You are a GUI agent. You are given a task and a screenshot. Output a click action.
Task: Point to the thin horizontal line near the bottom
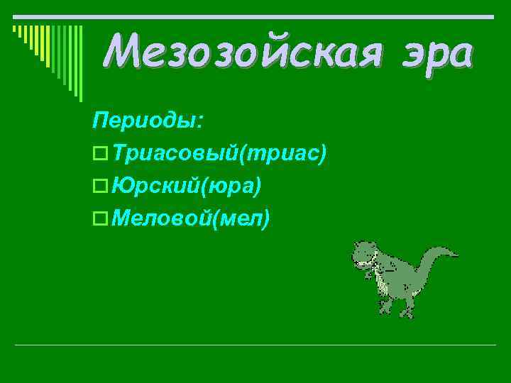(x=255, y=345)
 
